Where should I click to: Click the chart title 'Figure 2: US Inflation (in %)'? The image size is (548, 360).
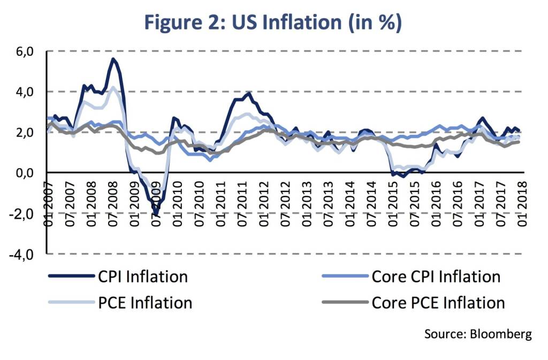coord(273,22)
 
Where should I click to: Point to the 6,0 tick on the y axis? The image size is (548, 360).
coord(25,52)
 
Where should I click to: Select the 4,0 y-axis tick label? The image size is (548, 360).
coord(25,92)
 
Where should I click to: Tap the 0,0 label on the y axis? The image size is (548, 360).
coord(25,173)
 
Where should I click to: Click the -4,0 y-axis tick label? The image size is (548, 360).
coord(21,255)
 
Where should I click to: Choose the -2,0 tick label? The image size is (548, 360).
coord(21,213)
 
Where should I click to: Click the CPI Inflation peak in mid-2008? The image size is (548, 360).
coord(112,59)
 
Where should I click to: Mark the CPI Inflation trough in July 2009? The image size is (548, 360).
coord(156,213)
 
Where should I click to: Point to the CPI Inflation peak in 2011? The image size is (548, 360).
coord(249,93)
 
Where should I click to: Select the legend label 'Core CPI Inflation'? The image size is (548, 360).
coord(436,277)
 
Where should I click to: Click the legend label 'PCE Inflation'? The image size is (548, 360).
coord(145,303)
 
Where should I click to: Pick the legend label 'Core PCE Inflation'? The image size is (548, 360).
coord(438,303)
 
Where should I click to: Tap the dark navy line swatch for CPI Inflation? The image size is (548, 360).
coord(71,276)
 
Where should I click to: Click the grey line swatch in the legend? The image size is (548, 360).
coord(345,302)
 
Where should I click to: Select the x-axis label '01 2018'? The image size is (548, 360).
coord(522,204)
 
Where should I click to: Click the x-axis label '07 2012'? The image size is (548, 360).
coord(285,204)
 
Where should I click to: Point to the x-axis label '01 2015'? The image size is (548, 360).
coord(393,204)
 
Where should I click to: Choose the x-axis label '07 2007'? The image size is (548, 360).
coord(70,204)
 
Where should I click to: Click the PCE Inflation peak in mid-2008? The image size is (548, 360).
coord(112,87)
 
